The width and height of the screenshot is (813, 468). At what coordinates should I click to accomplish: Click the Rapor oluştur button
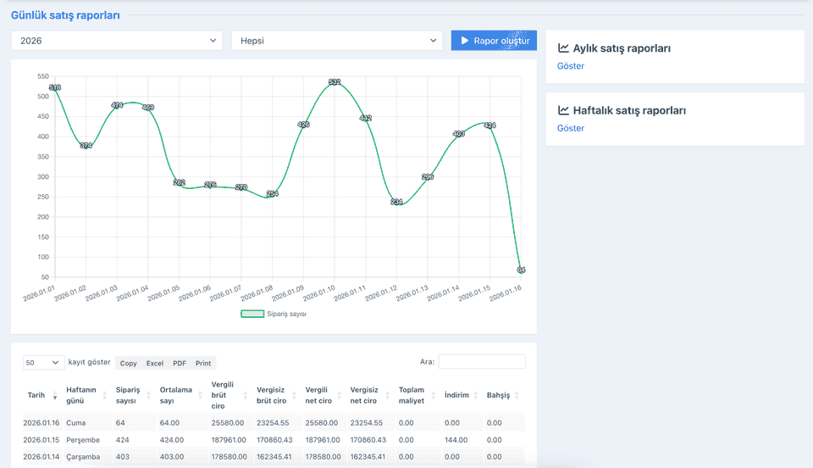click(494, 41)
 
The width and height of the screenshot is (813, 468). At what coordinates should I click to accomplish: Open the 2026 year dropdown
click(117, 41)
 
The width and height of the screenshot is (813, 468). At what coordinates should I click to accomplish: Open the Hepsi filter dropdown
click(336, 41)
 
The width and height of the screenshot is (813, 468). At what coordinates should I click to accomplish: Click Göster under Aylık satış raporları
click(570, 66)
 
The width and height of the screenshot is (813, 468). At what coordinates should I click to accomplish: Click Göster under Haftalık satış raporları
click(570, 128)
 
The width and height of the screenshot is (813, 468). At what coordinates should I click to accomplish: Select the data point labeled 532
click(335, 82)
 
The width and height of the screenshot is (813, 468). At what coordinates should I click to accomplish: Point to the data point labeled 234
click(396, 202)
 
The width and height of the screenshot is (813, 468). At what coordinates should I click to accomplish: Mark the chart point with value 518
click(55, 87)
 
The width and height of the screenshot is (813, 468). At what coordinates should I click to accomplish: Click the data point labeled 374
click(86, 146)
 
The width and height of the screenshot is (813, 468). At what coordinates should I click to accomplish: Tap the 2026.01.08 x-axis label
click(257, 293)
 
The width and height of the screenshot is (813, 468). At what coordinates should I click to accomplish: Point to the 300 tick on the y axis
click(43, 177)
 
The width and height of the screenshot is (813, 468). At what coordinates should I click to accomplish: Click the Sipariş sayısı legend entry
click(274, 314)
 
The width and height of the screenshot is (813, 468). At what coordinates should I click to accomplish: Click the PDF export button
click(180, 363)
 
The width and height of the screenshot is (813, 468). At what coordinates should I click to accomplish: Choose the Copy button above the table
click(128, 363)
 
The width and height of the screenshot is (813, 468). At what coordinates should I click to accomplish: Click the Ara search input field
click(482, 362)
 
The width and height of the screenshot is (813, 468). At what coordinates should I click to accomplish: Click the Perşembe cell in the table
click(83, 440)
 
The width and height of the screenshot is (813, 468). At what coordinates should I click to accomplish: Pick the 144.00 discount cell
click(456, 440)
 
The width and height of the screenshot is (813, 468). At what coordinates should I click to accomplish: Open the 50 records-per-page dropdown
click(43, 363)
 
